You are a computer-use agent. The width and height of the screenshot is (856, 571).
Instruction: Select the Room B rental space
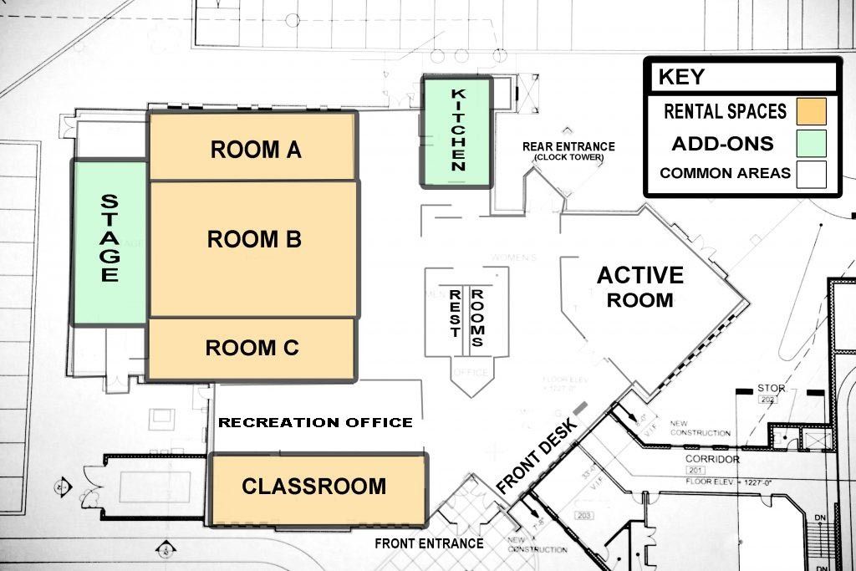pos(253,247)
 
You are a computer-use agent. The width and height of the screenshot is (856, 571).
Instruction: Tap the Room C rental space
pos(252,349)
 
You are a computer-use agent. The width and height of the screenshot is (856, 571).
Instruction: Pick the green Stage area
pos(110,241)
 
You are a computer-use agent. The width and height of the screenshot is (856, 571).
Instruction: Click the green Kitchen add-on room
pos(457,130)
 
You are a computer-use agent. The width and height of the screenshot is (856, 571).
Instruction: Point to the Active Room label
pos(639,287)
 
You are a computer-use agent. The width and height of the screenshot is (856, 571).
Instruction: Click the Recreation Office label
pos(315,422)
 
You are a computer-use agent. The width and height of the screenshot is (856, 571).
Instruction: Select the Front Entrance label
pos(429,543)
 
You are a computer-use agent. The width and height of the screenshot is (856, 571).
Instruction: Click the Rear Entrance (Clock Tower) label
pos(568,150)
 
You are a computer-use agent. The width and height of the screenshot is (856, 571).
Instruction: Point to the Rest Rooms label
pos(466,312)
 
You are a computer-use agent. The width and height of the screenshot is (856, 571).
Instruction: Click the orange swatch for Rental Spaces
pos(811,111)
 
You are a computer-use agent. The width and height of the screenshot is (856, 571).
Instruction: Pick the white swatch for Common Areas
pos(811,174)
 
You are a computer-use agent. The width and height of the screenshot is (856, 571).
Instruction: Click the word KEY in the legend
pos(681,77)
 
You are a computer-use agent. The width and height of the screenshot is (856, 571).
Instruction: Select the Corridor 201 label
pos(712,465)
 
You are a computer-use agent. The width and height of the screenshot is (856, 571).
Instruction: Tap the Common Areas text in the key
pos(725,174)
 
